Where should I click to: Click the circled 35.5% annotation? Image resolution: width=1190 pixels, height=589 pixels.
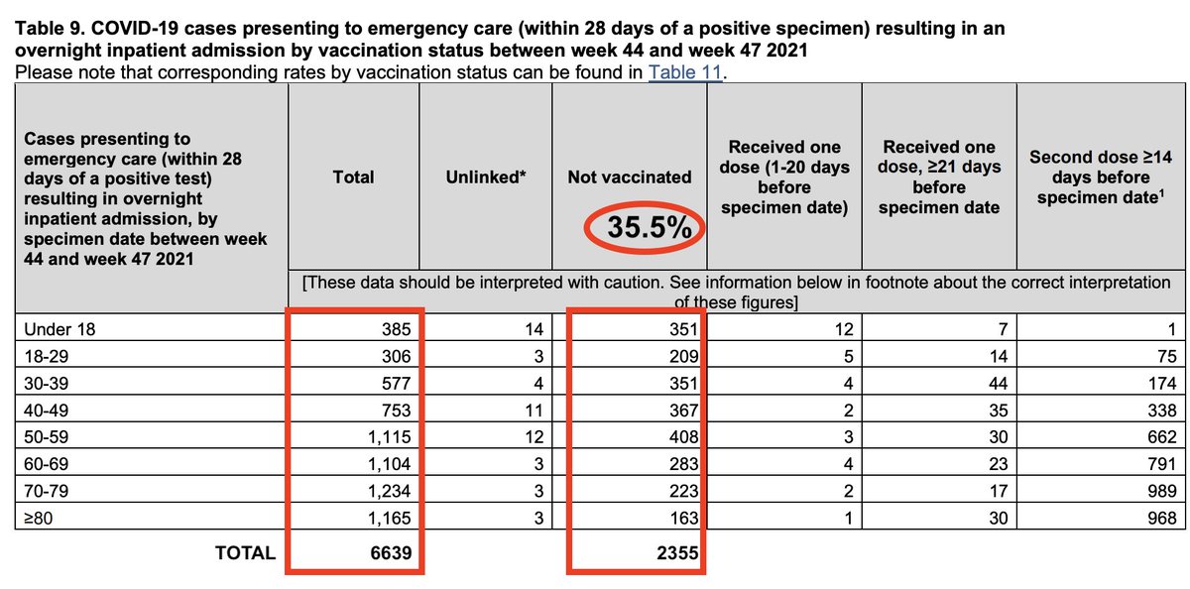(x=648, y=227)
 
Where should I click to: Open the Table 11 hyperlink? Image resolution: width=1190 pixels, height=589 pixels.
(x=683, y=72)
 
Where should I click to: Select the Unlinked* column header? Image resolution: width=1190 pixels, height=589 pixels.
(x=486, y=177)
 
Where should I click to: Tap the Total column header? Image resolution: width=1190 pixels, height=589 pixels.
(x=354, y=177)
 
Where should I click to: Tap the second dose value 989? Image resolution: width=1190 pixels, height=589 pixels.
(x=1158, y=490)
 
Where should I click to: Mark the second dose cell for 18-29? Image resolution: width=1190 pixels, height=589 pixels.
(x=1166, y=356)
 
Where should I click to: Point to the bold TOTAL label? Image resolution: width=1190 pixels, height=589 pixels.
(x=245, y=553)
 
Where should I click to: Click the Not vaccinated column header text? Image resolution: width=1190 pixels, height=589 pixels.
(x=630, y=177)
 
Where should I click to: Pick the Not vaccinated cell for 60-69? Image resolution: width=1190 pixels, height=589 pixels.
(x=683, y=463)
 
